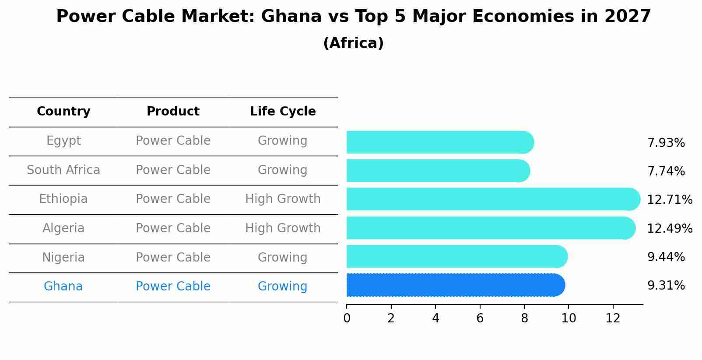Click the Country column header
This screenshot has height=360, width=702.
(x=63, y=112)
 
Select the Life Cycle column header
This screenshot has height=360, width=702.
(x=283, y=112)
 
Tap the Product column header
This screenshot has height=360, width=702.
(x=173, y=112)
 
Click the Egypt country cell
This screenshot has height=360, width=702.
(x=63, y=141)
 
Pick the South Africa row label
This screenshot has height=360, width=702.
(x=63, y=170)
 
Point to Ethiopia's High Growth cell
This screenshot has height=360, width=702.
(x=283, y=199)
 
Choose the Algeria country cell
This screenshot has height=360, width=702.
(x=63, y=228)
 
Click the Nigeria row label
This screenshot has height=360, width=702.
(x=63, y=258)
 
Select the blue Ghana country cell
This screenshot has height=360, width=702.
(x=63, y=287)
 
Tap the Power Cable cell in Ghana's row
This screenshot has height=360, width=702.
(x=173, y=287)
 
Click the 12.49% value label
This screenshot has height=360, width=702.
(x=670, y=229)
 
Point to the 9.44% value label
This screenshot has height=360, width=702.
(x=666, y=257)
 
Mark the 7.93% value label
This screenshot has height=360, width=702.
(x=666, y=143)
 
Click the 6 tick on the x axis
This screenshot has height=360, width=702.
(x=480, y=318)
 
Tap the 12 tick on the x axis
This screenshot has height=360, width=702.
(x=613, y=318)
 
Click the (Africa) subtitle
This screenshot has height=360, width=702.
(x=353, y=43)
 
